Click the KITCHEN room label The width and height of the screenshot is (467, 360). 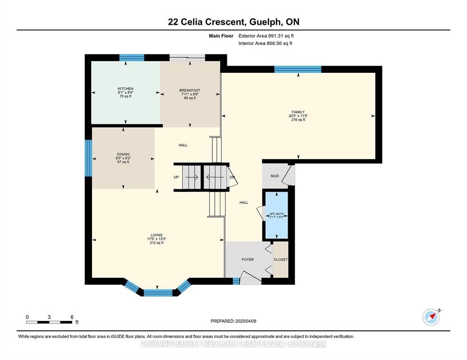(125, 89)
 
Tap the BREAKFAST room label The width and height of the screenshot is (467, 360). (190, 90)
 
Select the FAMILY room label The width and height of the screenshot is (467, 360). (298, 112)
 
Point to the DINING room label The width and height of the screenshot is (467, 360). (123, 154)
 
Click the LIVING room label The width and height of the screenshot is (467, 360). (156, 235)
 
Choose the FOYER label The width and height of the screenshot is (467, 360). (248, 260)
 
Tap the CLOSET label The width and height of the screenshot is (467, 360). (280, 260)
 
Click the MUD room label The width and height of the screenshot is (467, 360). (274, 176)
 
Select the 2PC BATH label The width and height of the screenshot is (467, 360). (277, 214)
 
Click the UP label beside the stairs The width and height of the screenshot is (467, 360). (176, 177)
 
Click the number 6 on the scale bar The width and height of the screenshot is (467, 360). (72, 317)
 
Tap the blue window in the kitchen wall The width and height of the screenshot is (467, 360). (132, 58)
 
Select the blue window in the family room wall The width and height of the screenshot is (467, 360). (298, 69)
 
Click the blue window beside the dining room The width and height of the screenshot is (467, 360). (88, 158)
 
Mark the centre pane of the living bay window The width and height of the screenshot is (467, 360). (158, 293)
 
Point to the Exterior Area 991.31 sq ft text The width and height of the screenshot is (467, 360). (266, 36)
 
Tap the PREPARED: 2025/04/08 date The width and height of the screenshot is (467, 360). (233, 322)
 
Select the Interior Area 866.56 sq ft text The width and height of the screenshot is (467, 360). (265, 44)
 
